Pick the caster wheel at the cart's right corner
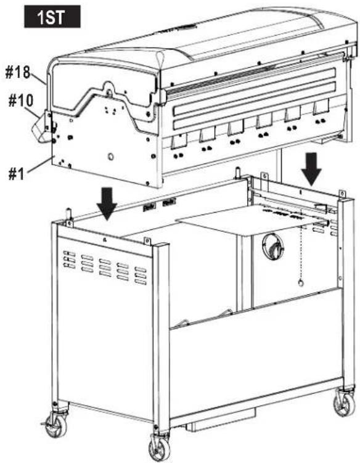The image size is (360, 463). coord(343,404)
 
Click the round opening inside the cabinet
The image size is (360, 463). coord(272,247)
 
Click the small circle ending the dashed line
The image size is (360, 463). coord(300,282)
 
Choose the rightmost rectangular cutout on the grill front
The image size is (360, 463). coord(321,109)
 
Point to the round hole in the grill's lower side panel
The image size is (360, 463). coord(112,157)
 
